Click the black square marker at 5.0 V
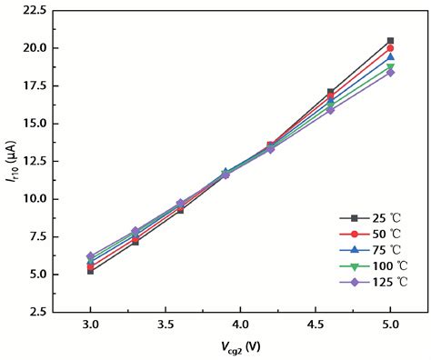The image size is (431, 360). (390, 41)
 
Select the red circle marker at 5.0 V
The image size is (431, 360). (390, 48)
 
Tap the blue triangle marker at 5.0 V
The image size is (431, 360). (390, 56)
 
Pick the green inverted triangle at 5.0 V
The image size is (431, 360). (390, 66)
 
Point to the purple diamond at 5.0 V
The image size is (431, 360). (390, 73)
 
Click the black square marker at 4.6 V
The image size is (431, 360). (330, 92)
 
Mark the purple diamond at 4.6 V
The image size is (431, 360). (330, 110)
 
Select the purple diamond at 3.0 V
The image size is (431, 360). (90, 256)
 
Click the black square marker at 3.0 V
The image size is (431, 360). (90, 272)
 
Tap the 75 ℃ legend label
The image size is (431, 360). (386, 250)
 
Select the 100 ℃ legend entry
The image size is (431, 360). (374, 266)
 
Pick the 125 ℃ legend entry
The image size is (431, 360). (374, 282)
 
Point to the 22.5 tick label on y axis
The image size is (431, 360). (35, 11)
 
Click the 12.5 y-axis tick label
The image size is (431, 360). (35, 162)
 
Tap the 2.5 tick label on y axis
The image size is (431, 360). (38, 312)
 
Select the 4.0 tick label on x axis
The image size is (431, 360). (240, 325)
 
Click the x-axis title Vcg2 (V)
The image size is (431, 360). (240, 347)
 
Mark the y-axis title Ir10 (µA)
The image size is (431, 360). (11, 161)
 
